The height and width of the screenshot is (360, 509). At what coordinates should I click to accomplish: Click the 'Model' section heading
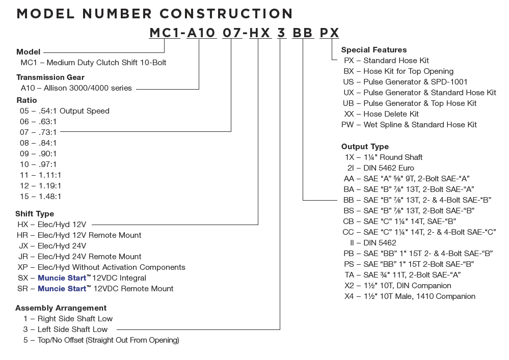[28, 52]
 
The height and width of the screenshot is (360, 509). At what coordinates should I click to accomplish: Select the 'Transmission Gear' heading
[50, 77]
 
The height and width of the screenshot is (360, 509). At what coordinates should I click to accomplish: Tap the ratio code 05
[24, 111]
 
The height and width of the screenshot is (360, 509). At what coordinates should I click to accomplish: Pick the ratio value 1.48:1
[49, 197]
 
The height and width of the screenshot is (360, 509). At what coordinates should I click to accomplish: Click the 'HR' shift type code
[22, 235]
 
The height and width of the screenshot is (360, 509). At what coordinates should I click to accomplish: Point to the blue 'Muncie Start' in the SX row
[62, 278]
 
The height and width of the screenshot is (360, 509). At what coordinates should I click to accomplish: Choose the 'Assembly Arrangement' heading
[61, 308]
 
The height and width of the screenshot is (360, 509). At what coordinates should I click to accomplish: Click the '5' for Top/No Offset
[25, 340]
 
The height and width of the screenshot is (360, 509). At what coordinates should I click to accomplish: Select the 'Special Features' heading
[374, 50]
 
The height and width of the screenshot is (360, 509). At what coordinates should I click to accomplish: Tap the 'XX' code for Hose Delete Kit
[349, 114]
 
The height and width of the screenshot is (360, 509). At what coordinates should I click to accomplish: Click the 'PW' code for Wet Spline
[347, 125]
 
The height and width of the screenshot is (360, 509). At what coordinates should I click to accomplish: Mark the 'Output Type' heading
[365, 147]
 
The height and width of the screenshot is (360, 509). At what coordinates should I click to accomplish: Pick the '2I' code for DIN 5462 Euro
[351, 168]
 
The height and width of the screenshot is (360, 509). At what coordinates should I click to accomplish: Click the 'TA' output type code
[350, 275]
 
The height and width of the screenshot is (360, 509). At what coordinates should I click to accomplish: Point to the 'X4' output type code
[350, 296]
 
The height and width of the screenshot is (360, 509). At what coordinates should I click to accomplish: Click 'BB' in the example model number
[303, 33]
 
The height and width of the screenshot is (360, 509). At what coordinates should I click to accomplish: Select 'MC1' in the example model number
[165, 33]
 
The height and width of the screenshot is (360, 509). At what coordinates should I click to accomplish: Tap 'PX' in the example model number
[330, 33]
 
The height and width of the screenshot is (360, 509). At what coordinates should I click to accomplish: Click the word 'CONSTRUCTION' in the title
[226, 14]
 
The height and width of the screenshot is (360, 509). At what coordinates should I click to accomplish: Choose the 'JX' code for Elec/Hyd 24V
[23, 246]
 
